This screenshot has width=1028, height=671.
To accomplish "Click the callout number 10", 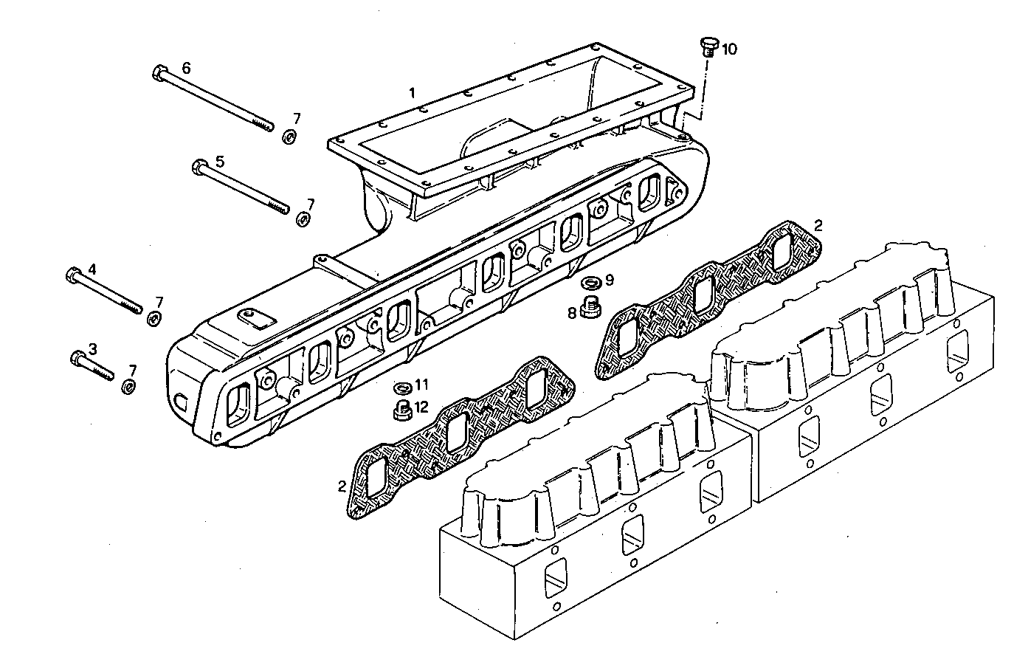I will [729, 49].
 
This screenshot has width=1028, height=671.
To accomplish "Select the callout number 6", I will [186, 68].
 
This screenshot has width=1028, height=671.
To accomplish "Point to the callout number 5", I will [220, 160].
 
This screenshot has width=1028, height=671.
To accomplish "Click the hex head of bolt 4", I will [72, 275].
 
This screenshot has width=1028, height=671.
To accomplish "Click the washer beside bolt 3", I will [128, 387].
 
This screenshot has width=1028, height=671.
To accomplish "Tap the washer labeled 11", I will [403, 387].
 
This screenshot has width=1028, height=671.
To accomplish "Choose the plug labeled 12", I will [402, 410].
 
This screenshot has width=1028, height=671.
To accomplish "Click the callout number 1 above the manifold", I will [413, 93].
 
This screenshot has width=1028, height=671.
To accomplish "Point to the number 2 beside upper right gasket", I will [817, 224].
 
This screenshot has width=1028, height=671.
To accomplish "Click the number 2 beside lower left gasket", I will [342, 486].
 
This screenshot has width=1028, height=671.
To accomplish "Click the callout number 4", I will [92, 269].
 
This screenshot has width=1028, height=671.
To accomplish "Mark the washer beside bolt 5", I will [303, 219].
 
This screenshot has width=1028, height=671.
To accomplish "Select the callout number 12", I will [421, 406].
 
